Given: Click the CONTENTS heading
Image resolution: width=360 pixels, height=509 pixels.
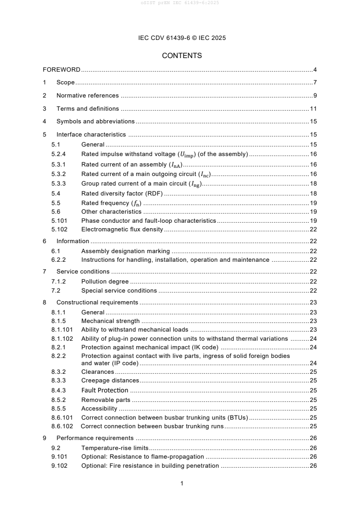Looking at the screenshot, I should (x=182, y=56).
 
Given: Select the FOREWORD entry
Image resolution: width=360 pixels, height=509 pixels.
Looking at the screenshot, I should (x=61, y=70).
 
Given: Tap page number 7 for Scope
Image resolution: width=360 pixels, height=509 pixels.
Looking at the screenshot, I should (x=315, y=83).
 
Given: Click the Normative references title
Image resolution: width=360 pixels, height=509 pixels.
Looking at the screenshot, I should (x=87, y=96).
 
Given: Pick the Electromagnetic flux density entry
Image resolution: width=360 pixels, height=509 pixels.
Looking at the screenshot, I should (x=122, y=230).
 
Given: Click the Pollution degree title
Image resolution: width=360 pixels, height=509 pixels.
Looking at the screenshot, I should (x=105, y=282).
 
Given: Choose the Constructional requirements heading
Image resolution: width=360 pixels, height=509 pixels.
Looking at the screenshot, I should (x=97, y=303).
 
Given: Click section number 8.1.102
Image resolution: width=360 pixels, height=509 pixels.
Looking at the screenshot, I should (x=62, y=338).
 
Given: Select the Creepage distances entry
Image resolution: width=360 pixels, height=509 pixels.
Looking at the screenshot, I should (x=110, y=381).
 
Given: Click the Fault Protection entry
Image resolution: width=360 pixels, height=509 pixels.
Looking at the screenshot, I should (x=104, y=391).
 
